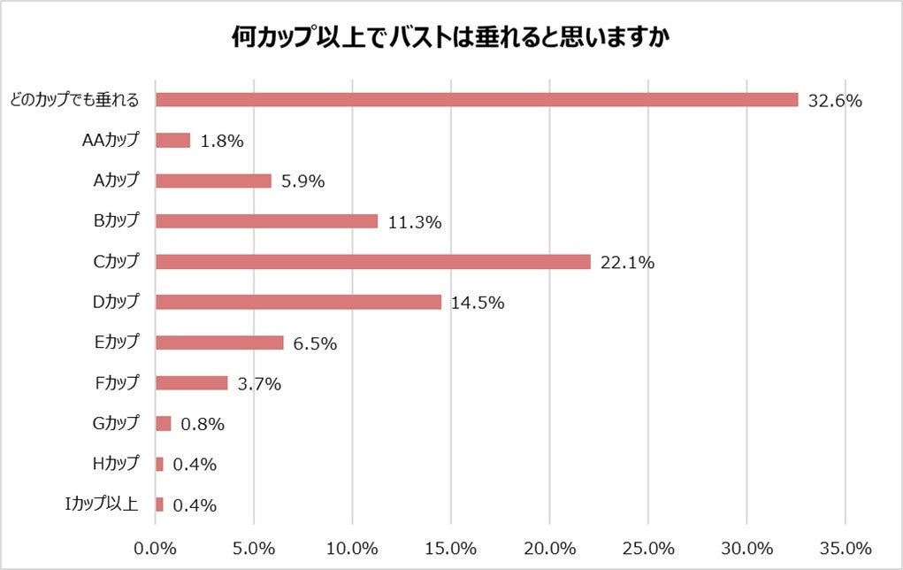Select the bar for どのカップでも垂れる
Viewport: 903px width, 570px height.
coord(477,100)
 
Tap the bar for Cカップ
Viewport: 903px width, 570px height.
coord(372,261)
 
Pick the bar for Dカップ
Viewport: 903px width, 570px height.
coord(298,302)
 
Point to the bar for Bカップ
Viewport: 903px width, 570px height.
coord(266,221)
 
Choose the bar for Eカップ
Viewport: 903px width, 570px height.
coord(219,343)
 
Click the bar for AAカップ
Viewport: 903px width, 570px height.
coord(172,140)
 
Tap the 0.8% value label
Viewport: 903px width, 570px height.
coord(203,424)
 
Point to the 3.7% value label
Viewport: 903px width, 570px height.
coord(259,384)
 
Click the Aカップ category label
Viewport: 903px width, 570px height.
coord(116,181)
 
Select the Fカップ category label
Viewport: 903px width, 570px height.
coord(116,383)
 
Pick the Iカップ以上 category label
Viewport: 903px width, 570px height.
coord(102,505)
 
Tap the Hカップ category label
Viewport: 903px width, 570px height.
coord(115,464)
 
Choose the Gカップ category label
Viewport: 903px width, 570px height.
coord(115,423)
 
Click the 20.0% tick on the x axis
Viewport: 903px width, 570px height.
coord(550,545)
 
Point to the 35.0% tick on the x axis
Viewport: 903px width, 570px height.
coord(846,545)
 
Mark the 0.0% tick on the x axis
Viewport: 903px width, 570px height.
coord(156,545)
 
